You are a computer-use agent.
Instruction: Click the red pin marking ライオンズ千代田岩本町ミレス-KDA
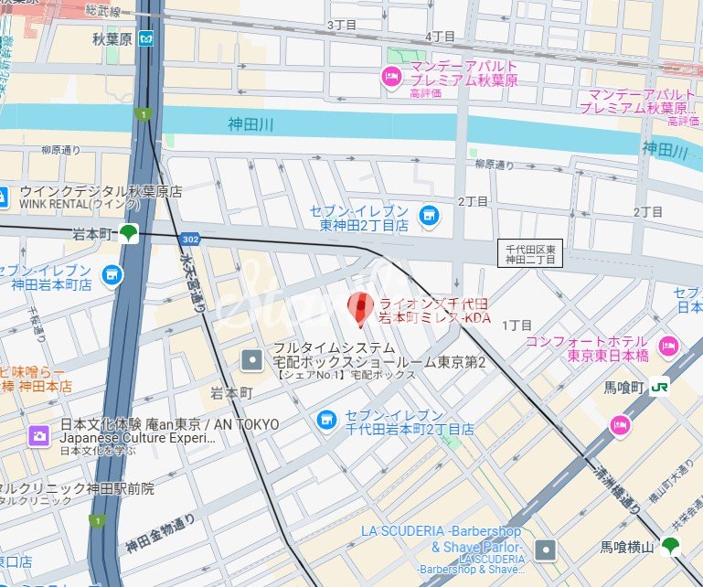(x=360, y=308)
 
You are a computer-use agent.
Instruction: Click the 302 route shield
(x=189, y=239)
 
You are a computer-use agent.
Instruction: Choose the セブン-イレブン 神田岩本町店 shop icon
(x=112, y=274)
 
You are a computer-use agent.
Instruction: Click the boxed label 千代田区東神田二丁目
(x=530, y=253)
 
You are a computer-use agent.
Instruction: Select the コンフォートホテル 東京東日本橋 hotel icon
(x=668, y=347)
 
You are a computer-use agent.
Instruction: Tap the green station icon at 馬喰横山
(x=671, y=546)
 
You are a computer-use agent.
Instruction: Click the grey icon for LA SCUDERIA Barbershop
(x=546, y=549)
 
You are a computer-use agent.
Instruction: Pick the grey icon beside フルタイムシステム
(x=251, y=360)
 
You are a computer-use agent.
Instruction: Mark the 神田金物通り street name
(x=159, y=535)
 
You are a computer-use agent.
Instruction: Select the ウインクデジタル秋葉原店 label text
(x=101, y=192)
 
